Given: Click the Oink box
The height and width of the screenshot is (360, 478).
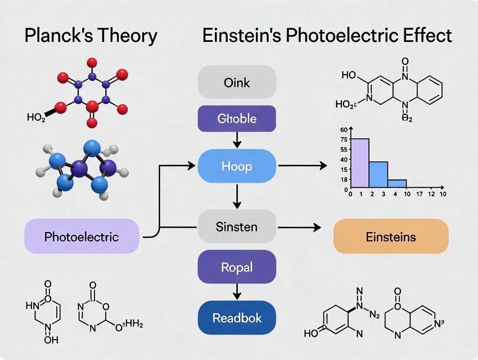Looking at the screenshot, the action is pos(237,82).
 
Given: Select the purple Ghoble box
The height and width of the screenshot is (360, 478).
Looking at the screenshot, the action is pos(237,119).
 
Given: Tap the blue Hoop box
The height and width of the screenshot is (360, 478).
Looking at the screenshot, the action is pos(237,166).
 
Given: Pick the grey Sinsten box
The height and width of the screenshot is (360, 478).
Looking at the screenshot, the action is pos(237,227).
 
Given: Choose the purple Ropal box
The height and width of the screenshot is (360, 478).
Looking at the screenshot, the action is pos(237,267).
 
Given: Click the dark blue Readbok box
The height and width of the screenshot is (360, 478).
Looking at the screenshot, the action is pos(237,318).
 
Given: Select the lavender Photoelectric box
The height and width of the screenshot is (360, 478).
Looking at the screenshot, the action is pos(81,236).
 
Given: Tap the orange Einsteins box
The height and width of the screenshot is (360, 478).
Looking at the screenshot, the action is pos(391,236).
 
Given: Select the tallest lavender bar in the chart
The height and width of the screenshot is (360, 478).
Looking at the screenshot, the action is pos(359,164).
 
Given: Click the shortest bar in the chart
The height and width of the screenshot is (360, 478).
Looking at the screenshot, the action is pos(397,184).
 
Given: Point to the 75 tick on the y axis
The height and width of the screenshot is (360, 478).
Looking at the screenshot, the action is pos(344,139).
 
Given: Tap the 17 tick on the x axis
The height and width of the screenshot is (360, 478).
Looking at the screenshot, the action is pos(418,194).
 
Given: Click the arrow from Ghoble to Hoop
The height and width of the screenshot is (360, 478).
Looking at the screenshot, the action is pos(237,139).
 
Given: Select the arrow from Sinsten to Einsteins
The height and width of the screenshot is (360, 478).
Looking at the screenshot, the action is pos(299,227).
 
